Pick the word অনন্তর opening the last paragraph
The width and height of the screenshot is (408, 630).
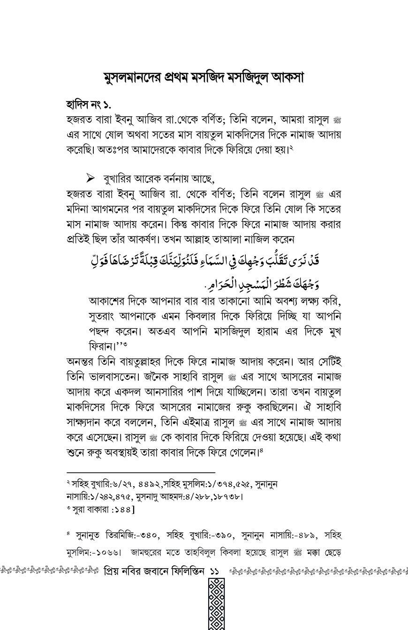[x=83, y=362]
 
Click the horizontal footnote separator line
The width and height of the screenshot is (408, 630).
[x=140, y=473]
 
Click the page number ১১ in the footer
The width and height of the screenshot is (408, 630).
[x=215, y=571]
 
